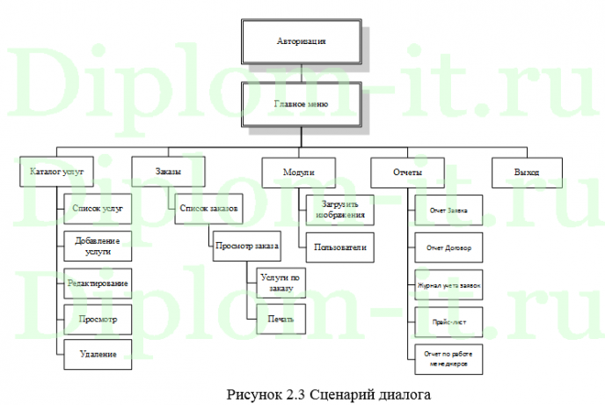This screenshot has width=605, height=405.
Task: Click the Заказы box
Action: (x=168, y=173)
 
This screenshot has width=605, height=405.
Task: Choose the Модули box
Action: (x=299, y=173)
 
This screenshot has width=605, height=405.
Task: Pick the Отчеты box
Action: (x=407, y=173)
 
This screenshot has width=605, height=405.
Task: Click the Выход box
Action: (x=527, y=173)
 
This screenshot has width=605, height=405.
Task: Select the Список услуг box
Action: (x=98, y=210)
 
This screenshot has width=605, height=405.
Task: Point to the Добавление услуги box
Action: (x=98, y=245)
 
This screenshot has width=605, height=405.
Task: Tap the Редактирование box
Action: (x=98, y=283)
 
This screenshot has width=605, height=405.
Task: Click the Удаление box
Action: (x=98, y=354)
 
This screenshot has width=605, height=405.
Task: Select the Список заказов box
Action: (x=208, y=209)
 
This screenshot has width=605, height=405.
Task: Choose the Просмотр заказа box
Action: (x=246, y=246)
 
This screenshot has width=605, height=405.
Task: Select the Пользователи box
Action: (x=339, y=247)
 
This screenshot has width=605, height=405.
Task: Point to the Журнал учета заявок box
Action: (x=448, y=286)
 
